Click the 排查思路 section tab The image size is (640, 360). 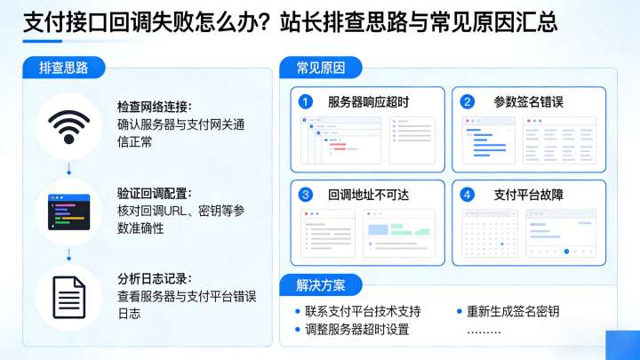[x=70, y=68]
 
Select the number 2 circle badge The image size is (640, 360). [x=468, y=102]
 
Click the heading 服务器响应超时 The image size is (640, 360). [x=368, y=102]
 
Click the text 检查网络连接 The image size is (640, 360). [x=154, y=108]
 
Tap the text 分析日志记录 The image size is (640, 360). [x=154, y=279]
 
